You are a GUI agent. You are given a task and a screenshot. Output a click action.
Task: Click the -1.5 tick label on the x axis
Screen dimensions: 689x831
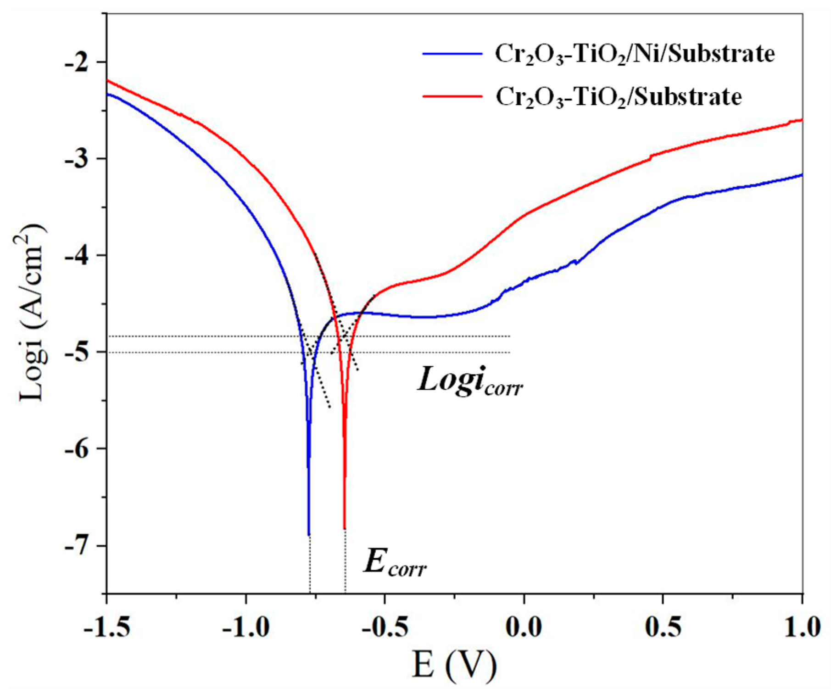107,627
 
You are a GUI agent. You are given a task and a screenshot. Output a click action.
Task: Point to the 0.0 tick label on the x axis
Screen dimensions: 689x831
524,627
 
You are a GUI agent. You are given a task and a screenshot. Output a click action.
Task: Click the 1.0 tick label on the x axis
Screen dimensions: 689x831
802,627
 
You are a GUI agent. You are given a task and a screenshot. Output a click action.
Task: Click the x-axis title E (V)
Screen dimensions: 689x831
454,665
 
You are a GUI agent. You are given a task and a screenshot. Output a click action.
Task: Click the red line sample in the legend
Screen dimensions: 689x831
452,96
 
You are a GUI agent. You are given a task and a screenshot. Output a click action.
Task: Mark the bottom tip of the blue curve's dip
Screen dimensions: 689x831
309,534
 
